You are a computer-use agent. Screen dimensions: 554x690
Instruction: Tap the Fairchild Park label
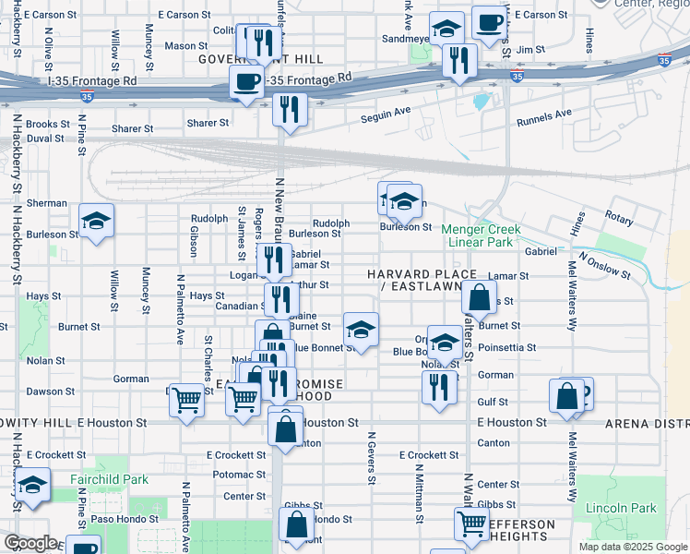click(x=109, y=480)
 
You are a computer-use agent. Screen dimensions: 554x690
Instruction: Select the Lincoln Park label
click(x=621, y=508)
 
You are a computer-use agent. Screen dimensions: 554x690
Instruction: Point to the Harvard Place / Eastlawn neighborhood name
click(x=422, y=282)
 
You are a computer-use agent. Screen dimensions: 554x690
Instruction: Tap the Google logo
click(x=30, y=543)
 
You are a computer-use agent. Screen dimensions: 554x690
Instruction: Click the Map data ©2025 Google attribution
click(x=632, y=547)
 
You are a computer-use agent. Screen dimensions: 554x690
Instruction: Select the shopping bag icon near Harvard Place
click(x=479, y=297)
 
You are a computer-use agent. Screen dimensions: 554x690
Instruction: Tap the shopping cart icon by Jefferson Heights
click(x=471, y=524)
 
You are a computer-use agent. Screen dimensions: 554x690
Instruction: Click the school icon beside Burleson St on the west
click(x=96, y=221)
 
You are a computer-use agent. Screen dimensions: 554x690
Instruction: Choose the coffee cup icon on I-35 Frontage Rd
click(x=245, y=82)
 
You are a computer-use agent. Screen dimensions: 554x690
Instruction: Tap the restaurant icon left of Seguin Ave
click(x=290, y=110)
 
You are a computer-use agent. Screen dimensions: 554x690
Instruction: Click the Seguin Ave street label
click(x=384, y=112)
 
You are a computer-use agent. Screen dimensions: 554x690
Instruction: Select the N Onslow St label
click(x=604, y=263)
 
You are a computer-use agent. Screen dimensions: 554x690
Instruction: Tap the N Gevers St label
click(x=371, y=458)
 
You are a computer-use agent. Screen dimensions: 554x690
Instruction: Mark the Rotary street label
click(x=619, y=219)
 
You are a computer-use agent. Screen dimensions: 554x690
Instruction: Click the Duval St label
click(x=44, y=138)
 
